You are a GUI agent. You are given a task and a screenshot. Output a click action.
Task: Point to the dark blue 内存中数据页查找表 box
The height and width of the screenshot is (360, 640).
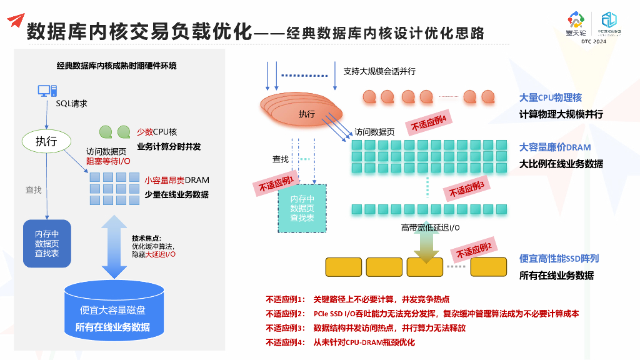(x=47, y=243)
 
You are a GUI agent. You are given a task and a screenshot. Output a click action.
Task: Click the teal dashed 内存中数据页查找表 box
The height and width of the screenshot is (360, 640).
(x=302, y=208)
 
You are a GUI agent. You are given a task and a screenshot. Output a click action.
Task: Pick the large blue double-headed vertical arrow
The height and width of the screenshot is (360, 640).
(x=114, y=247)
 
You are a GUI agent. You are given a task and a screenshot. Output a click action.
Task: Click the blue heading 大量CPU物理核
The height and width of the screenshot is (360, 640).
(x=551, y=98)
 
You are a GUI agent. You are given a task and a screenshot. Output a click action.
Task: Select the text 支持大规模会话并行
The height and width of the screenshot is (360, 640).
(x=379, y=71)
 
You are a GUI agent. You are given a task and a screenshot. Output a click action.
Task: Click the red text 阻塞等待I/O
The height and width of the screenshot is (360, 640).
(x=108, y=161)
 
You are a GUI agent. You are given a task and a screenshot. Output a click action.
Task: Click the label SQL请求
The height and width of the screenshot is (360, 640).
(x=71, y=104)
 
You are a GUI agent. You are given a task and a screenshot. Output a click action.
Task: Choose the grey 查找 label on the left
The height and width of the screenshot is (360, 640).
(x=33, y=190)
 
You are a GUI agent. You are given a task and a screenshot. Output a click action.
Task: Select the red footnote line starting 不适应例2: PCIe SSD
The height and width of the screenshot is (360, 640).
(x=422, y=314)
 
